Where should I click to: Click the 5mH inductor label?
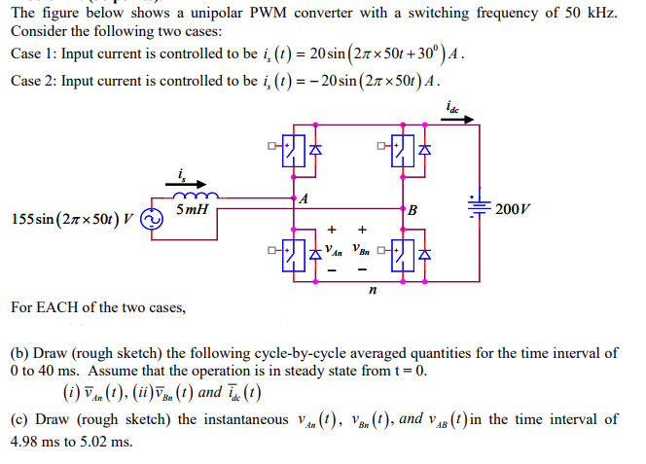(x=193, y=209)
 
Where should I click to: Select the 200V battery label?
(x=513, y=209)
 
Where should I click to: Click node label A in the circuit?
(x=305, y=199)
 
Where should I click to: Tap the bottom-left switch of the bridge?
(x=292, y=256)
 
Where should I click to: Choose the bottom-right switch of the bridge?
(x=400, y=256)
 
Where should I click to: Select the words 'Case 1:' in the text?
(x=32, y=53)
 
